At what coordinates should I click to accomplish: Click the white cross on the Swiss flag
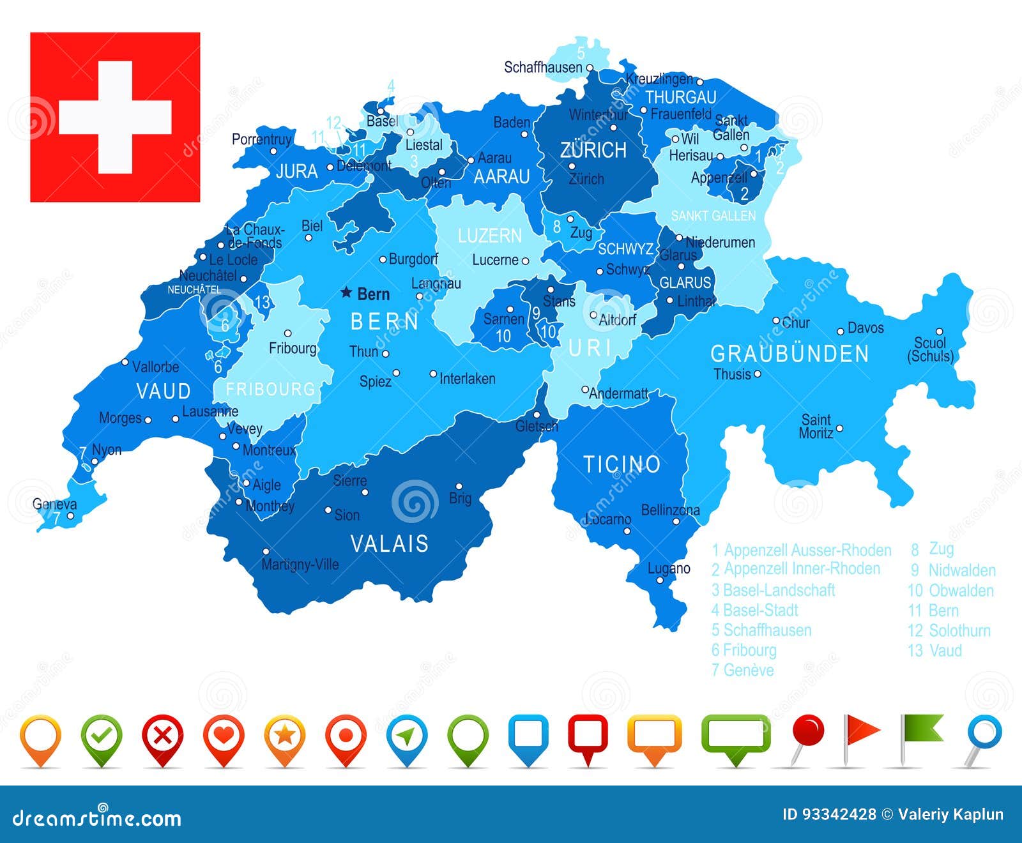[x=115, y=118]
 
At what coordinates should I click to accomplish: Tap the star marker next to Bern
[x=346, y=292]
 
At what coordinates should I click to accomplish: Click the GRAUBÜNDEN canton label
[x=789, y=354]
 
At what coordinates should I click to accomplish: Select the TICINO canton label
[x=622, y=464]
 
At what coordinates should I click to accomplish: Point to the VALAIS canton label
[x=390, y=544]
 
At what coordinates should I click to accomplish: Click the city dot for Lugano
[x=660, y=581]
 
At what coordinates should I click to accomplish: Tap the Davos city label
[x=866, y=328]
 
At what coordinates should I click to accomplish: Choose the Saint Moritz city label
[x=816, y=426]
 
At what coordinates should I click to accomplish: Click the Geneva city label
[x=54, y=504]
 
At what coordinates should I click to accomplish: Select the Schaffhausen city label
[x=543, y=67]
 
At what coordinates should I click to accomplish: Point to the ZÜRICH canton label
[x=593, y=151]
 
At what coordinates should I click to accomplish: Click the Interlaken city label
[x=467, y=379]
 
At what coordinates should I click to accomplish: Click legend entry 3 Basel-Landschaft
[x=773, y=590]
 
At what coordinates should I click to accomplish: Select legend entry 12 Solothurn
[x=949, y=631]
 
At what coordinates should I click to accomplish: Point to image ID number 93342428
[x=829, y=814]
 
